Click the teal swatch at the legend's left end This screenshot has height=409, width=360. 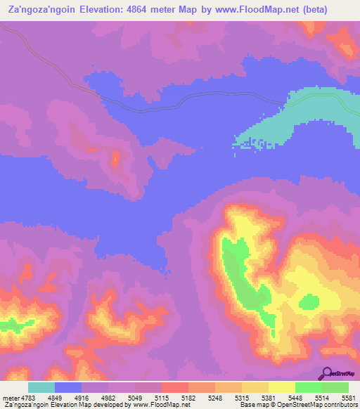point(41,387)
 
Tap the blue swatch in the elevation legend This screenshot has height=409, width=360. point(68,387)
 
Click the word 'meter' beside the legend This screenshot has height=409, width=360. point(9,398)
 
